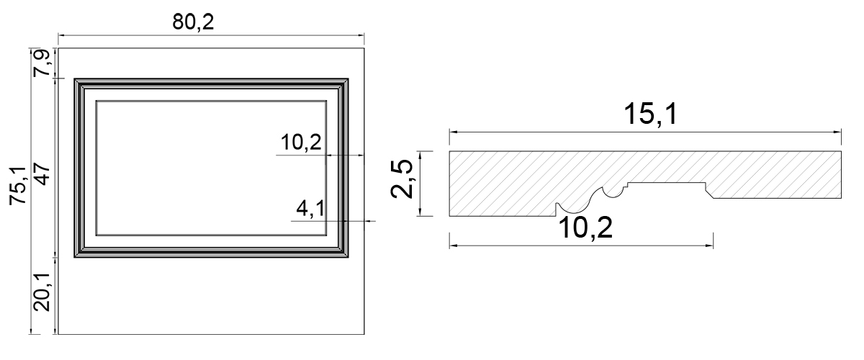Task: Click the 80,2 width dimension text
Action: [193, 22]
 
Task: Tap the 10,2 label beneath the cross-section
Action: [588, 229]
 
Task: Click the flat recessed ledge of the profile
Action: [666, 184]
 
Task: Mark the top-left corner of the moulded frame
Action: [76, 78]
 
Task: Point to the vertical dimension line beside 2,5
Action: [426, 184]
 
